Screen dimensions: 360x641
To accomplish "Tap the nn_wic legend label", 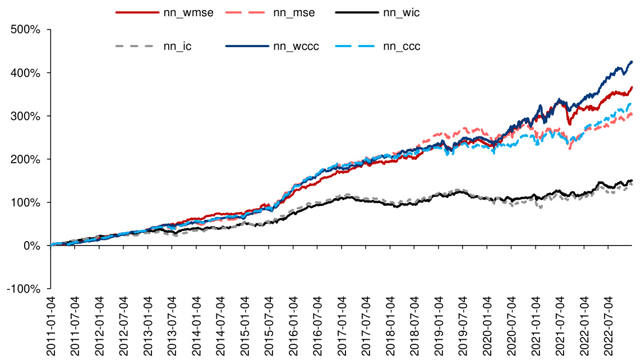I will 402,13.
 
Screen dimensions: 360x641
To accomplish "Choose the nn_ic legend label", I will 177,47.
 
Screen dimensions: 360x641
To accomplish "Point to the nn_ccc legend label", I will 402,47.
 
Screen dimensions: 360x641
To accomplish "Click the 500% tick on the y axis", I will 26,30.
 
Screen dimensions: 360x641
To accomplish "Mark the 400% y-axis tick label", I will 26,73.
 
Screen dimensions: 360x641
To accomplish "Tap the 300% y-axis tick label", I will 26,116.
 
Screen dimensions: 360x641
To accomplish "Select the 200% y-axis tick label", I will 26,159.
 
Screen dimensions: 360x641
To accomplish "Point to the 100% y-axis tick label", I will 26,202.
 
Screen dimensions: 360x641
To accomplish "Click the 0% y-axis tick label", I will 31,246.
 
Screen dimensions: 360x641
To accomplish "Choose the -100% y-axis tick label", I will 24,289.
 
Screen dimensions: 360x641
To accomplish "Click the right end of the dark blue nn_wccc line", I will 632,62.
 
